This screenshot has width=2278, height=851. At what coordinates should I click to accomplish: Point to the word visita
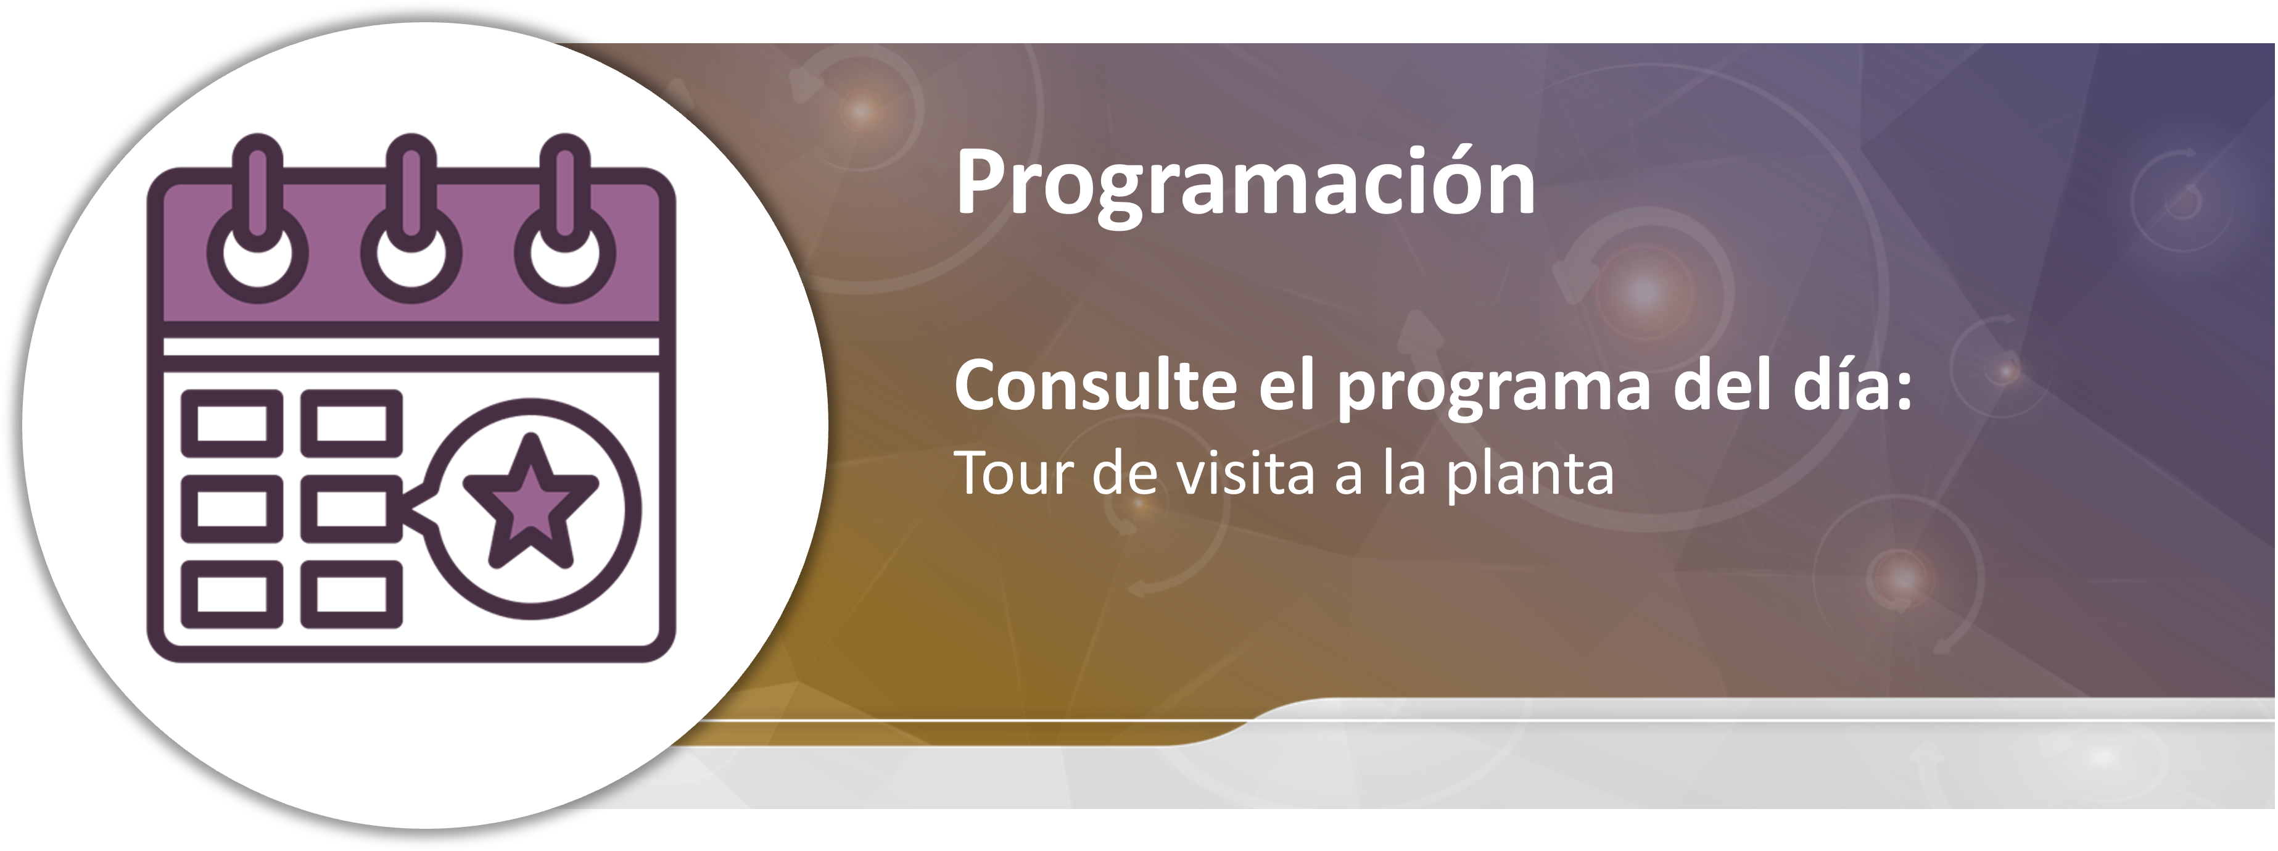pyautogui.click(x=1246, y=473)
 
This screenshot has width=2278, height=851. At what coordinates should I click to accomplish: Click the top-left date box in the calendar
pyautogui.click(x=232, y=423)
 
